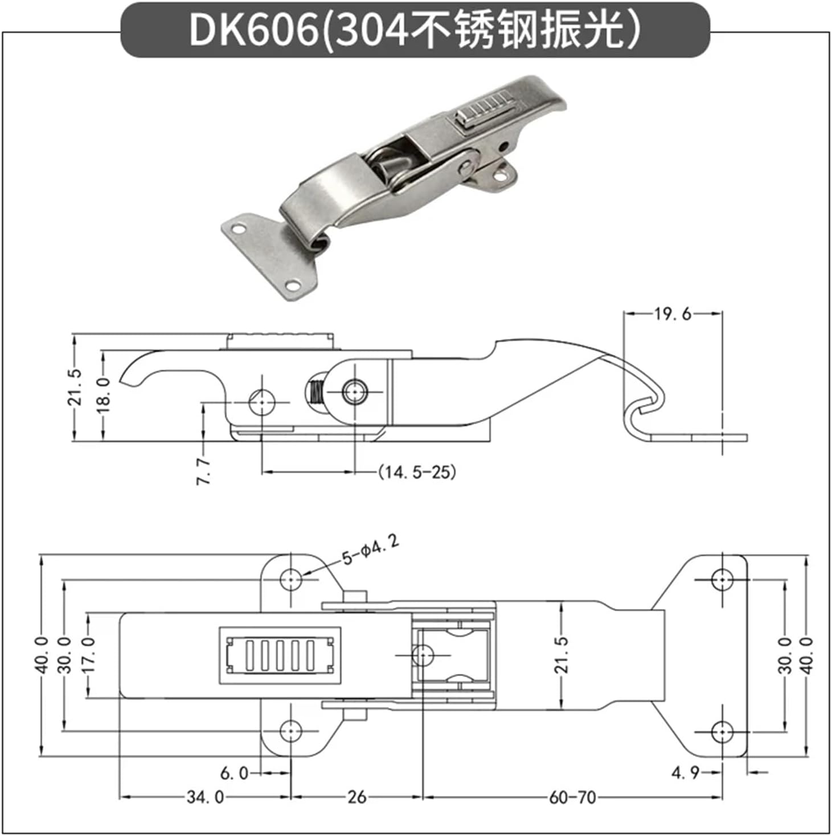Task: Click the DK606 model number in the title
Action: (x=253, y=30)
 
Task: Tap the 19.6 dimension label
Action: (x=672, y=313)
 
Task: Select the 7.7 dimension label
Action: (x=204, y=471)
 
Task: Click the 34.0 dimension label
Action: (x=205, y=797)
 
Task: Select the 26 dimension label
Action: (x=356, y=797)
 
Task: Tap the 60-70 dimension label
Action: (x=572, y=797)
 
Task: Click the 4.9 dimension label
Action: (x=685, y=773)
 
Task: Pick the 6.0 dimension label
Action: (x=234, y=773)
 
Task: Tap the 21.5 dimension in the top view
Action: (x=561, y=655)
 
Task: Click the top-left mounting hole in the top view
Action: (x=291, y=580)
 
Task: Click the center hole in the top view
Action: (x=422, y=655)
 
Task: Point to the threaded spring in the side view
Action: (x=315, y=392)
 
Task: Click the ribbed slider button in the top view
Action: (x=280, y=655)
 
